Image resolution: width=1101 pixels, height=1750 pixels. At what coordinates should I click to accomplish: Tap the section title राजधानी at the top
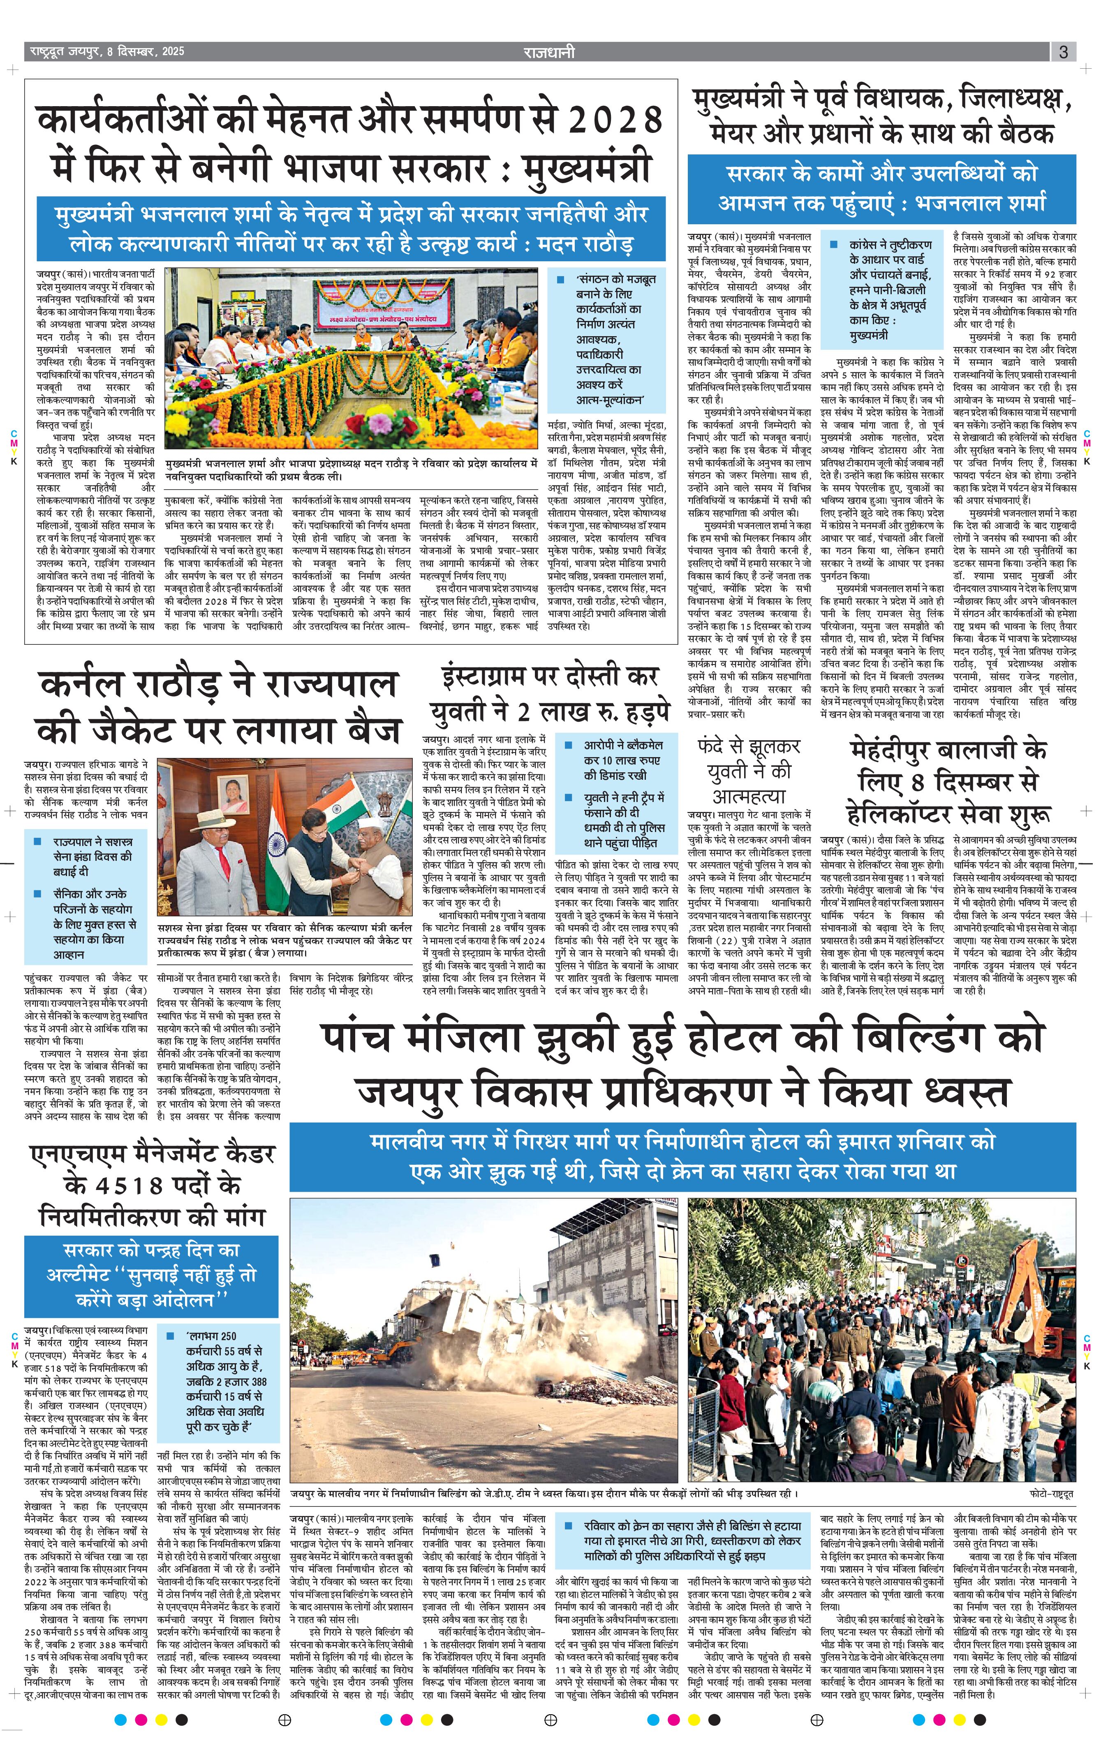tap(550, 51)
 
